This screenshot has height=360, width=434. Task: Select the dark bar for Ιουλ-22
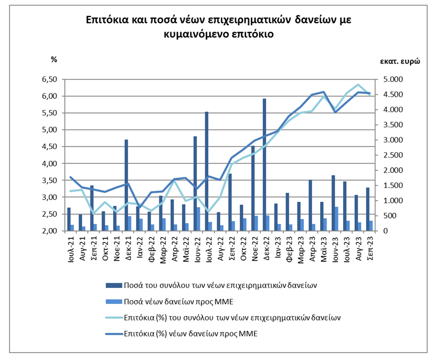click(206, 171)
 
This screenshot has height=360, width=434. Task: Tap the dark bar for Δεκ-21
click(126, 185)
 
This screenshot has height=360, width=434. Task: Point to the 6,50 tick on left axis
click(49, 80)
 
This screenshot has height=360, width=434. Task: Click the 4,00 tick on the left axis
click(49, 163)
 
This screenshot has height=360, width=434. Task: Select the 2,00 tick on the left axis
click(49, 231)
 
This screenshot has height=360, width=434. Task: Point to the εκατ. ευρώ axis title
click(399, 61)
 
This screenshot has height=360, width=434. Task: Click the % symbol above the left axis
click(53, 59)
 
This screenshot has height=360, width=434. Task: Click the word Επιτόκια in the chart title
click(107, 20)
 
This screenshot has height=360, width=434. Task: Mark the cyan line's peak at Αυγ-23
click(358, 85)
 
